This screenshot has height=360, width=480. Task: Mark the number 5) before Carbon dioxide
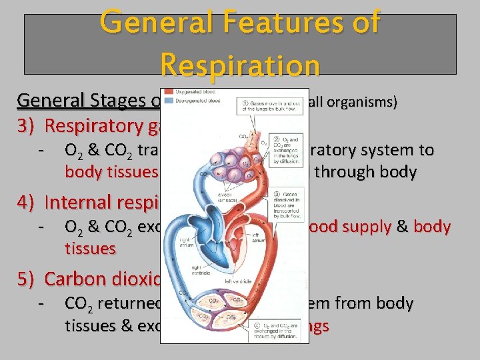[x=26, y=279]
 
